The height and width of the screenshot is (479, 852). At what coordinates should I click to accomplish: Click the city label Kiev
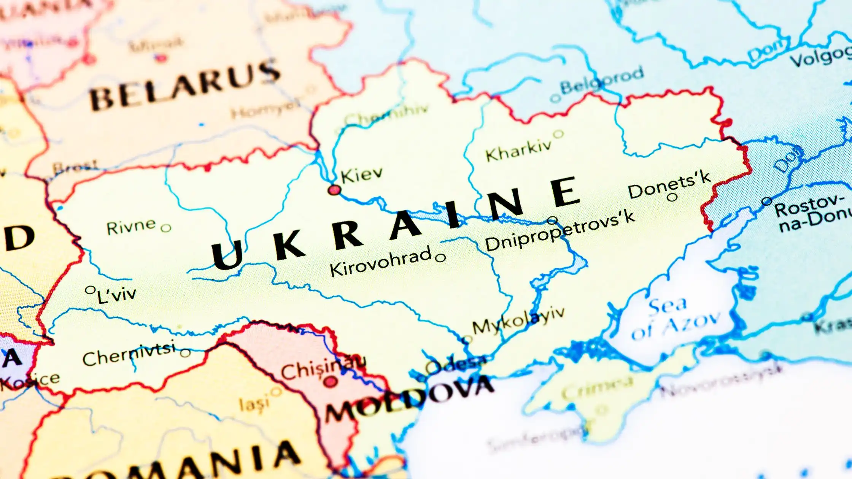pos(361,175)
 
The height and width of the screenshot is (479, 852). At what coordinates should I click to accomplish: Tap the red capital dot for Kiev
pos(334,190)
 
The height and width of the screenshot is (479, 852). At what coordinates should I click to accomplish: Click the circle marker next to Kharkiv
pos(558,134)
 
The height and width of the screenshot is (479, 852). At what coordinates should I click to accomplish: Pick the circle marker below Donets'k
pos(672,197)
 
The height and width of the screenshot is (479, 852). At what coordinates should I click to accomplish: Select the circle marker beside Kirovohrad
pos(440,258)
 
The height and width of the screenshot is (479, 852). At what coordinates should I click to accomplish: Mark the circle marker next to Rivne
pos(166,228)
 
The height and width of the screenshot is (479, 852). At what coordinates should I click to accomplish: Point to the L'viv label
pos(116,295)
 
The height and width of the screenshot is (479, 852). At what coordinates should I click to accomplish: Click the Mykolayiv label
pos(518,322)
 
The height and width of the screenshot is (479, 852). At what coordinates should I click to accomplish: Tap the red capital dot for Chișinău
pos(330,382)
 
